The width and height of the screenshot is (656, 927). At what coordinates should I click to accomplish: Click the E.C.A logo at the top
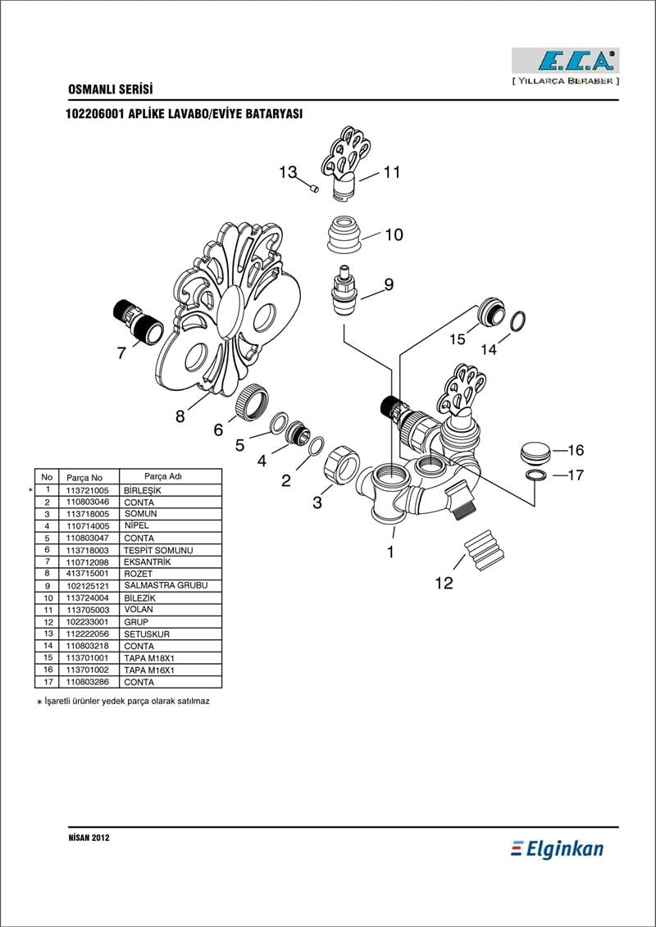click(x=565, y=61)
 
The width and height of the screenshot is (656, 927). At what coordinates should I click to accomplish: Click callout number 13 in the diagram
click(x=287, y=172)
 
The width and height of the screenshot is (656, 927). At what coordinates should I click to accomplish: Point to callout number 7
click(x=121, y=353)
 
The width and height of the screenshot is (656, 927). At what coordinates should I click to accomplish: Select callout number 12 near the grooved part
click(x=444, y=583)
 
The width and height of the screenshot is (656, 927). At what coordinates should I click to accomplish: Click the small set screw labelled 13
click(x=314, y=190)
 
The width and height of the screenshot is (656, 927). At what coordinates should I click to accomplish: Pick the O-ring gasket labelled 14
click(x=517, y=321)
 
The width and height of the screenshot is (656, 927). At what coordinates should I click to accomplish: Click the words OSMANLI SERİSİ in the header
click(x=111, y=89)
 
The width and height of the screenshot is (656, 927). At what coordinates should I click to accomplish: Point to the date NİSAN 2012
click(x=89, y=838)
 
